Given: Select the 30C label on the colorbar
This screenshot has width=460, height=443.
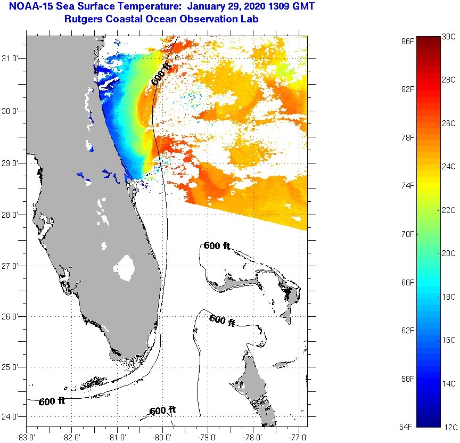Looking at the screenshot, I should [449, 37].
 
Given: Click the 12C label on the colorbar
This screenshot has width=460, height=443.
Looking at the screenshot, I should [449, 426].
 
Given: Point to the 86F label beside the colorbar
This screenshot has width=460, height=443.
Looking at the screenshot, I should [408, 40].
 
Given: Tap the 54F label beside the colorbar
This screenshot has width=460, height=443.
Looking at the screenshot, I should [408, 426].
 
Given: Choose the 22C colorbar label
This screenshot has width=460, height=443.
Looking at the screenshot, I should [449, 210].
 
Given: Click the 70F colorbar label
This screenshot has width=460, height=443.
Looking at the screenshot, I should [408, 234].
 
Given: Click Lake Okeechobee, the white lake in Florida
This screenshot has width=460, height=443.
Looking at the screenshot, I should [126, 267].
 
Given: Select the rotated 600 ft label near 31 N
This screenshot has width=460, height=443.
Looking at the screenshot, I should [162, 74].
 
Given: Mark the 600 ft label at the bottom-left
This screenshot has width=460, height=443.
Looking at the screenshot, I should [52, 401].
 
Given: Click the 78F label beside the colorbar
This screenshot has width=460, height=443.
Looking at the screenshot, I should [408, 137].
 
